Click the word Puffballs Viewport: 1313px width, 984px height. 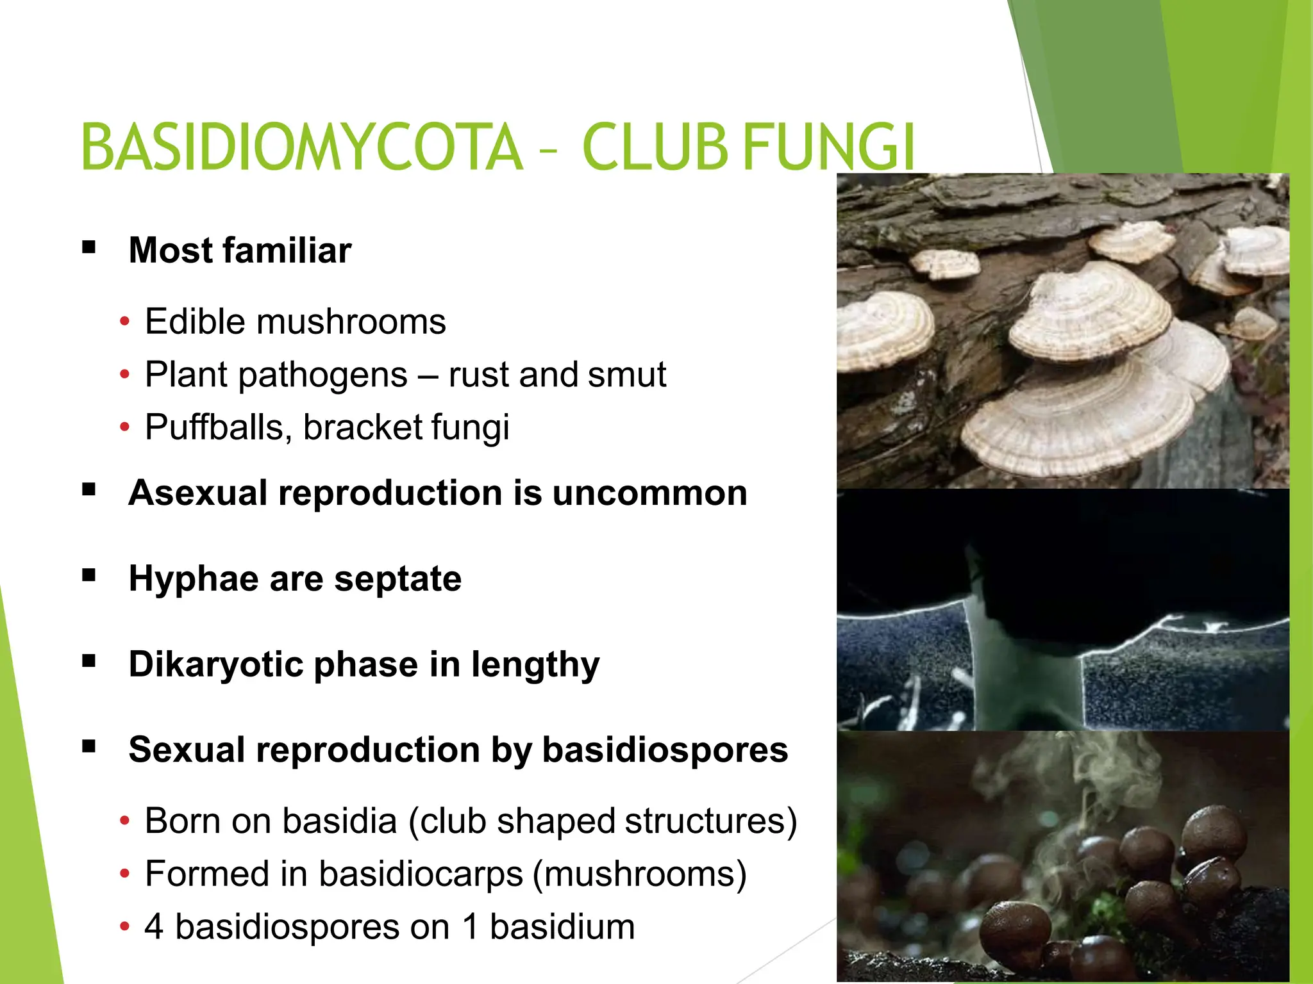pos(219,428)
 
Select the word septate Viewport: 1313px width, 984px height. pos(397,579)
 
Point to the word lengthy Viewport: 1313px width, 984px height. pos(535,665)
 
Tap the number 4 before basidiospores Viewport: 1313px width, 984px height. pos(154,927)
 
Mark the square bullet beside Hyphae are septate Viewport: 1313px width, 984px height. pos(89,575)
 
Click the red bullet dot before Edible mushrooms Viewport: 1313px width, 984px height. pos(124,321)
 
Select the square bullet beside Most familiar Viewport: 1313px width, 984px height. pos(89,247)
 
